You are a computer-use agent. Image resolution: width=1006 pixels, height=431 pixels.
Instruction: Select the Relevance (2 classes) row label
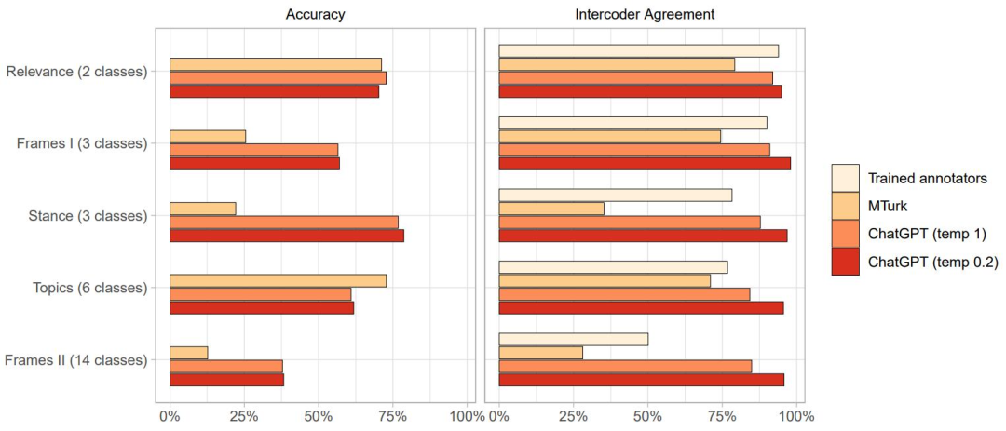click(x=76, y=71)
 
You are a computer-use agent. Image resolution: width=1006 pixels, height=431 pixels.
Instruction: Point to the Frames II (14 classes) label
click(x=76, y=359)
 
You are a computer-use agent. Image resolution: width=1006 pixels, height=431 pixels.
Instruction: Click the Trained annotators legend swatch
click(x=845, y=178)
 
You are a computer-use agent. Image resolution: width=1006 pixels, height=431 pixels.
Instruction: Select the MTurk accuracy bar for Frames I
click(x=208, y=137)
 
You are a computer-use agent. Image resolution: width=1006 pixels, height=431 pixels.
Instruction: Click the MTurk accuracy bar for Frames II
click(x=189, y=353)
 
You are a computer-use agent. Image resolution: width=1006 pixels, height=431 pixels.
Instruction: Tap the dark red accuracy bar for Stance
click(x=287, y=236)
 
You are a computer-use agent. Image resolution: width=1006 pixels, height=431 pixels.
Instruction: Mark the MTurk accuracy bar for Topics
click(x=278, y=281)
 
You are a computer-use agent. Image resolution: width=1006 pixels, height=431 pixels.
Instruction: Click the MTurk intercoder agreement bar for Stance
click(x=551, y=209)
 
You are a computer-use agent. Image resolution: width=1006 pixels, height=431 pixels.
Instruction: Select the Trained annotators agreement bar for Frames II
click(x=574, y=340)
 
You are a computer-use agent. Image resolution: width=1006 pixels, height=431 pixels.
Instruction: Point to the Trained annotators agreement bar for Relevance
click(x=639, y=51)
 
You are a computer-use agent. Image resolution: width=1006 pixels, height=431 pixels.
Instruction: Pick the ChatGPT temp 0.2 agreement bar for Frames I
click(x=645, y=164)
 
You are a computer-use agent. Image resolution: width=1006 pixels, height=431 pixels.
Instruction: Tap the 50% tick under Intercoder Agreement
click(x=648, y=415)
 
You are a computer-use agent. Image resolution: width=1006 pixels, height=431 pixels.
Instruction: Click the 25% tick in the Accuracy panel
click(x=244, y=415)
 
